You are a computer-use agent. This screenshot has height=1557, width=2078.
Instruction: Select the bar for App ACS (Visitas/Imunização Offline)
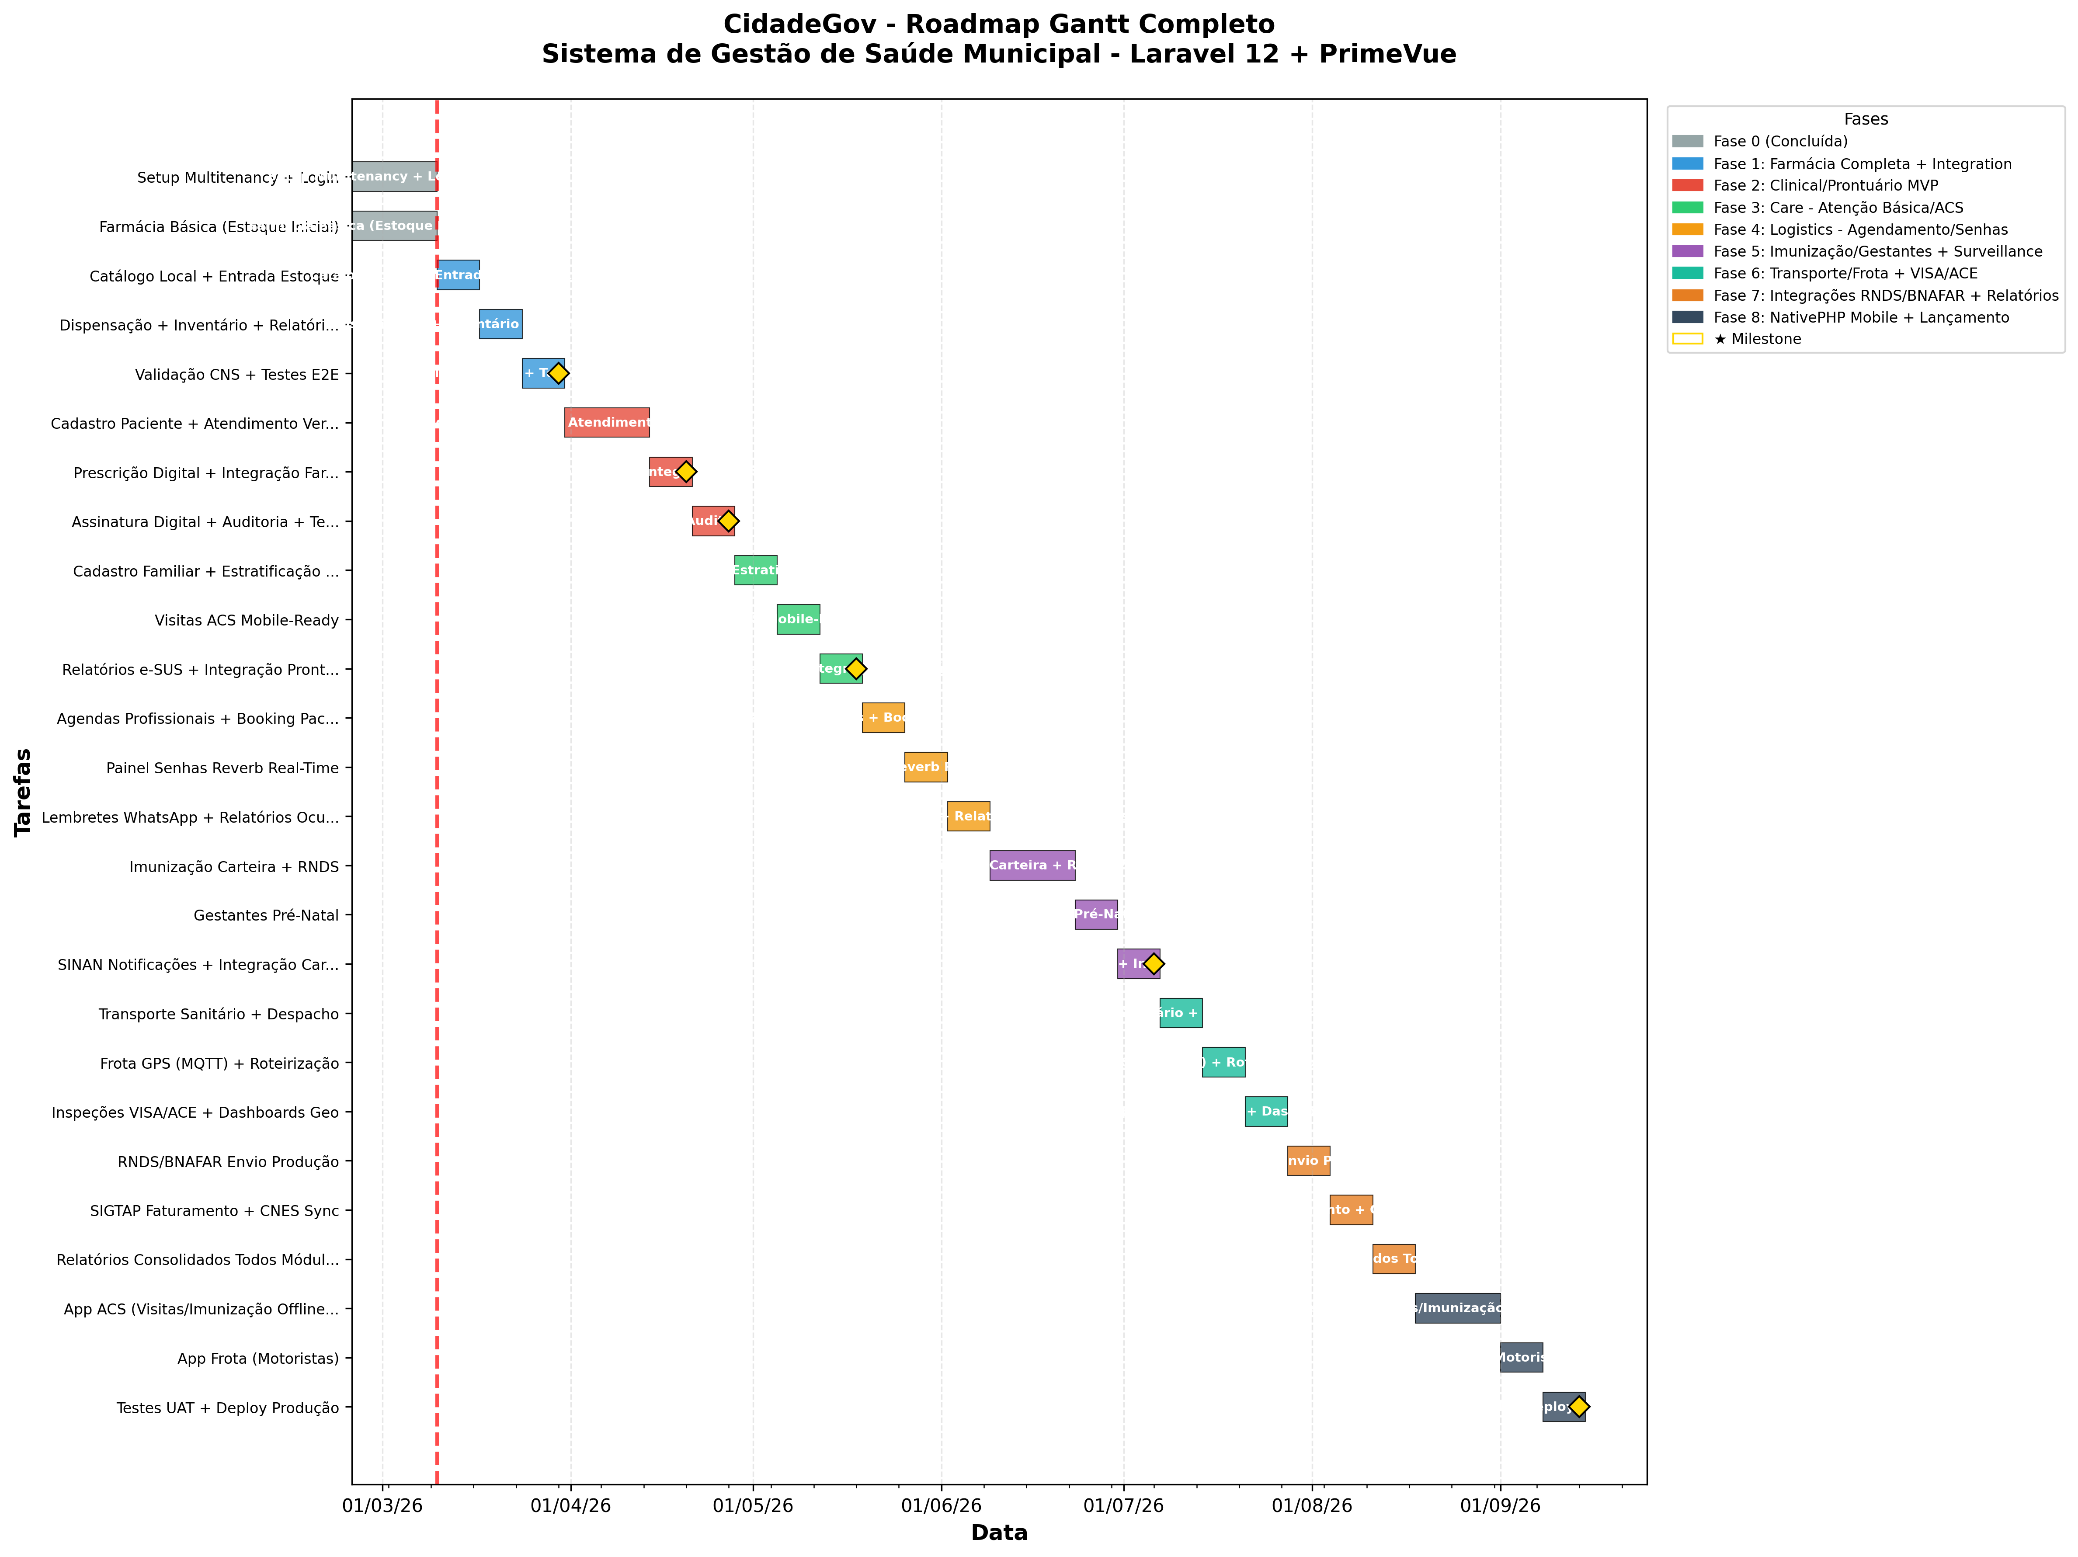click(1457, 1308)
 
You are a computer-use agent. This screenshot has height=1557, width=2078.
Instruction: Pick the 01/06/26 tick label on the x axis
click(941, 1506)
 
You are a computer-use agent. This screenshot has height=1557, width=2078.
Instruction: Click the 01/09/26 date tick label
click(1500, 1506)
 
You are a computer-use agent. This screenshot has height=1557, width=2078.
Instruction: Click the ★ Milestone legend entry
click(1757, 339)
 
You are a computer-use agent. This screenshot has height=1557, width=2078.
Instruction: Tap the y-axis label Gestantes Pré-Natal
click(266, 915)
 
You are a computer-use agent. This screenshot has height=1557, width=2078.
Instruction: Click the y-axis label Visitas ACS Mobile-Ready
click(246, 620)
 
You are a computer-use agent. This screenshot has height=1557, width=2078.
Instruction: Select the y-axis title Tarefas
click(23, 792)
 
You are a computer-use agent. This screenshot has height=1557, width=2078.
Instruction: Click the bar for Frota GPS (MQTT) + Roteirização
click(1223, 1062)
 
